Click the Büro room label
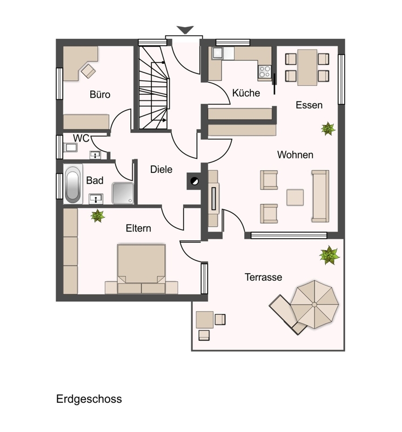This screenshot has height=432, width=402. (x=100, y=94)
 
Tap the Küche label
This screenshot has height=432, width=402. (x=246, y=93)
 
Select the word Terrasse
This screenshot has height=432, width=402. (x=263, y=277)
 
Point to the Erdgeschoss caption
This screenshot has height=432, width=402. (x=89, y=399)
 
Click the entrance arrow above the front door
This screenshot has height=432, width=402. (x=185, y=30)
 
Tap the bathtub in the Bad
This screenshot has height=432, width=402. (x=73, y=184)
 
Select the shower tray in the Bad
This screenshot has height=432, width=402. (x=123, y=193)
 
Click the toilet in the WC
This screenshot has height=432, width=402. (x=70, y=147)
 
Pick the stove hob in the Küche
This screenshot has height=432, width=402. (x=265, y=72)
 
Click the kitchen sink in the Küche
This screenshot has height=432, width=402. (x=218, y=53)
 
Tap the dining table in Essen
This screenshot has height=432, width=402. (x=307, y=67)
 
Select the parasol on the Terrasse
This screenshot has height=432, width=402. (x=314, y=305)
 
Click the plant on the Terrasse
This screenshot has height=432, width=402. (x=329, y=255)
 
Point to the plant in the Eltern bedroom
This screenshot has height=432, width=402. (x=98, y=215)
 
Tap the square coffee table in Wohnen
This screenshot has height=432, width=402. (x=295, y=197)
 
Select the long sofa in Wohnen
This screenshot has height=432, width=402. (x=320, y=196)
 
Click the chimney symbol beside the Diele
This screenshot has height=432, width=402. (x=195, y=181)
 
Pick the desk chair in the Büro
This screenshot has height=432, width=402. (x=88, y=71)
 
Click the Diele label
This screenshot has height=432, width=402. (x=162, y=169)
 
